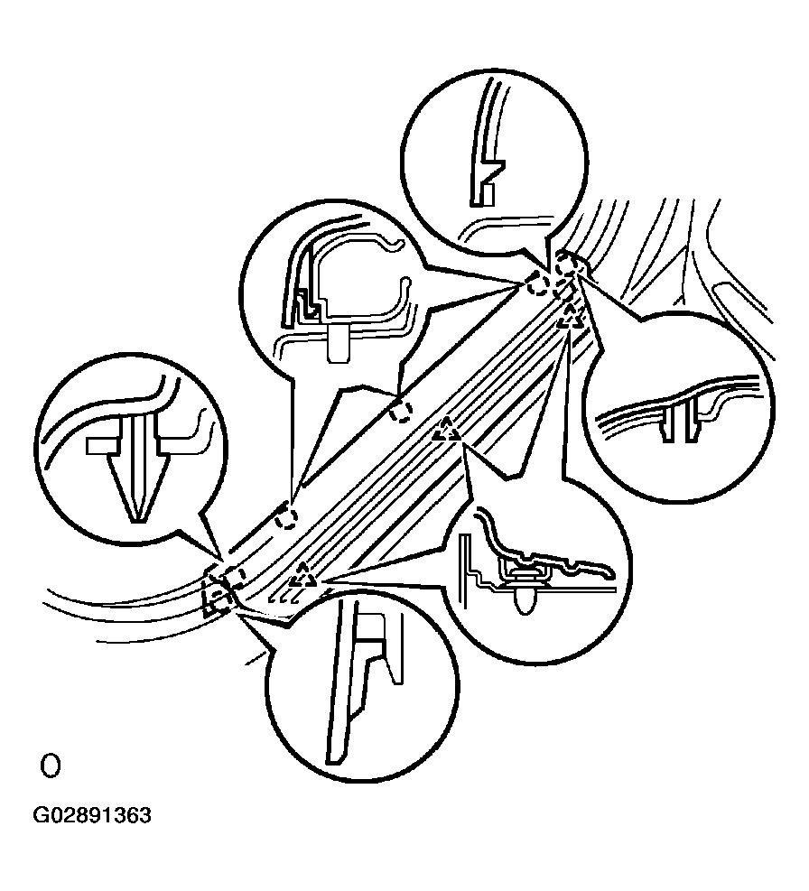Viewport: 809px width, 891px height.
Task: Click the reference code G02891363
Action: [92, 815]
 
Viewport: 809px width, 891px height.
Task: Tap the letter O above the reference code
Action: [50, 766]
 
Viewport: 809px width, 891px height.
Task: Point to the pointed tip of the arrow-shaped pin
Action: [136, 519]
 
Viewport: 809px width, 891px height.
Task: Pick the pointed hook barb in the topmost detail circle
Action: [494, 168]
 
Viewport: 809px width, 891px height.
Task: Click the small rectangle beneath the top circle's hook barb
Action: [487, 194]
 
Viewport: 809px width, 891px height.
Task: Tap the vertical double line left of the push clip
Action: [466, 568]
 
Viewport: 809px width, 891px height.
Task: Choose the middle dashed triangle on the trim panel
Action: [447, 431]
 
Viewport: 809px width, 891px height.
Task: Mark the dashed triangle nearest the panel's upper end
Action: [570, 317]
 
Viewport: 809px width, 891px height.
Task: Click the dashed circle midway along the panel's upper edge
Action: [400, 413]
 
